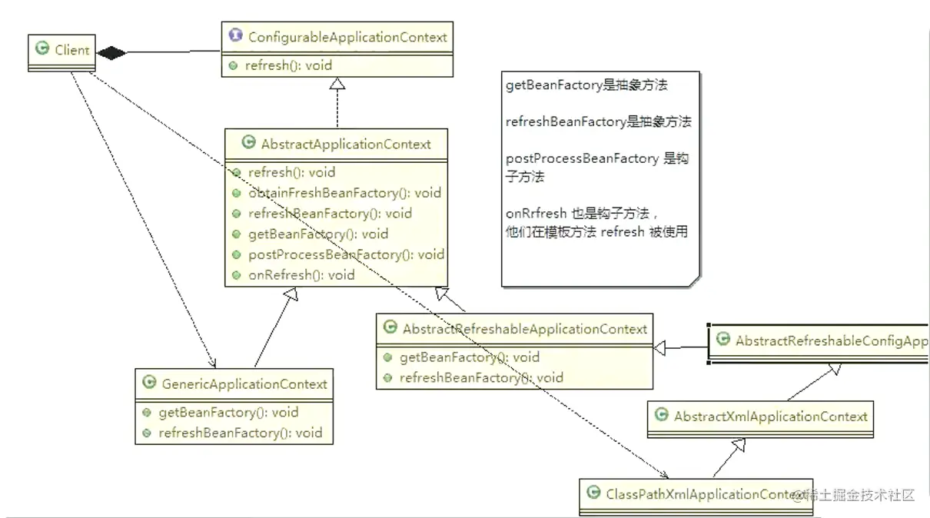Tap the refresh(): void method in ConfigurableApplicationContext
288,65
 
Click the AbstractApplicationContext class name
346,144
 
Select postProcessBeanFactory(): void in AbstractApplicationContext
345,254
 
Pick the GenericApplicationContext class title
244,384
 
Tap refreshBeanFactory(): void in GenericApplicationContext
240,433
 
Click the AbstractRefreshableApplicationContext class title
524,329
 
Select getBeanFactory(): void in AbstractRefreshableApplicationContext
469,357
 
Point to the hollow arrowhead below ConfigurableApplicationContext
337,85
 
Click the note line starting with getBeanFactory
586,85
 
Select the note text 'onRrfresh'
536,214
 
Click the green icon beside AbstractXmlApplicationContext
661,416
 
